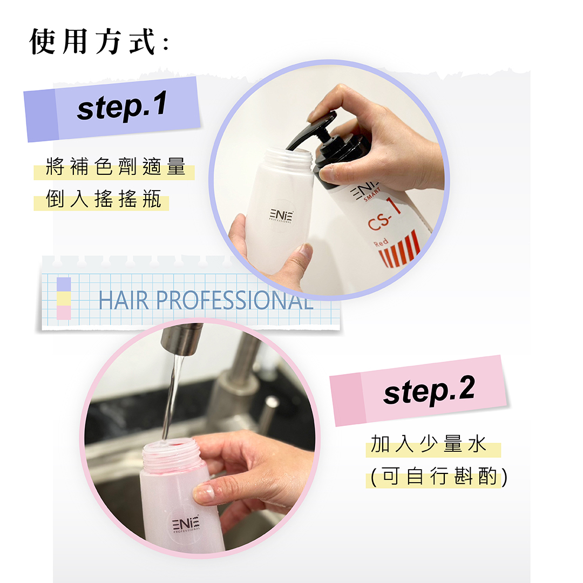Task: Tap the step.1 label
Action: point(122,106)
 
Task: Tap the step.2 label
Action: point(429,390)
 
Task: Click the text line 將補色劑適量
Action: point(116,167)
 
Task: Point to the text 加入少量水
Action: point(429,445)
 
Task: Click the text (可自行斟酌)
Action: point(439,478)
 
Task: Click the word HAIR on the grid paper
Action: point(124,301)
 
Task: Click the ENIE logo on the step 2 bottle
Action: point(186,523)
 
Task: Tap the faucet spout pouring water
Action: point(181,338)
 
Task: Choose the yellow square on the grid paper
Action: point(64,299)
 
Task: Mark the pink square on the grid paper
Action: point(64,313)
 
